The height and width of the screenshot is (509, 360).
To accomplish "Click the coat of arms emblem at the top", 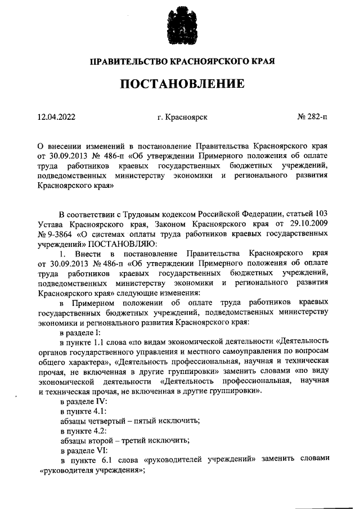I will click(x=180, y=26).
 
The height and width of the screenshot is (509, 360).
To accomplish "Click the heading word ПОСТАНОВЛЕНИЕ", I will click(x=180, y=84).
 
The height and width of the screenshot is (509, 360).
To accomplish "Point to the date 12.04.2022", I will click(x=56, y=117).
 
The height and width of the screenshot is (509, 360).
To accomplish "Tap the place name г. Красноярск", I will click(x=183, y=117).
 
